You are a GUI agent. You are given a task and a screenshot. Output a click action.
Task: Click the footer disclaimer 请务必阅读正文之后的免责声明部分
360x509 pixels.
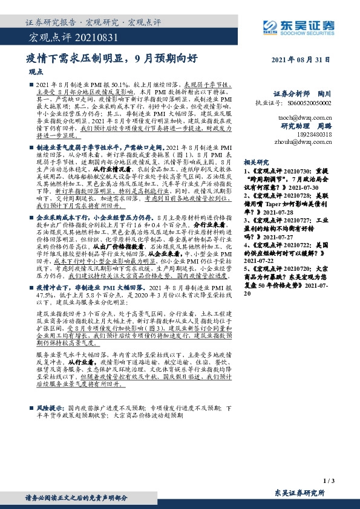tap(76, 498)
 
